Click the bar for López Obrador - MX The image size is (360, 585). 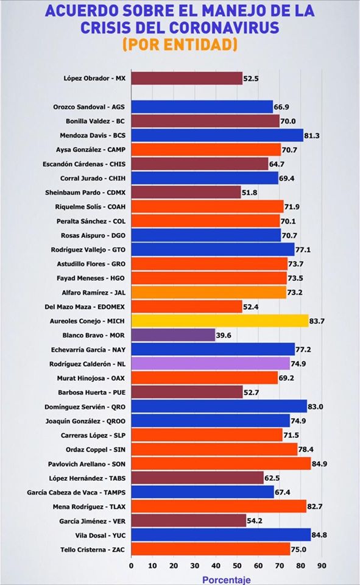pos(187,79)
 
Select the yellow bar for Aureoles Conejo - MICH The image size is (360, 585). pos(220,321)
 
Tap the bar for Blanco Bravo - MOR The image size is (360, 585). pos(174,335)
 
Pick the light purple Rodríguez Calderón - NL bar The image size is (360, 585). pos(211,364)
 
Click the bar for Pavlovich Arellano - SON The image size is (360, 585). pos(221,464)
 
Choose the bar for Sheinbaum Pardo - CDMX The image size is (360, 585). pos(186,193)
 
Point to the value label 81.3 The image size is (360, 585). pos(312,135)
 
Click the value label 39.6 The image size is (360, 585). pos(224,335)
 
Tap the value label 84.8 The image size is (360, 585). pos(319,536)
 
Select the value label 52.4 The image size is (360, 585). pos(251,307)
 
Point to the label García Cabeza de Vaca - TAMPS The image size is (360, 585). pos(76,492)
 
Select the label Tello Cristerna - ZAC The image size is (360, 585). pos(93,550)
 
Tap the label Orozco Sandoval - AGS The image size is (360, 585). pos(89,107)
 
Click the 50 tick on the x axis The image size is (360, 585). pos(237,565)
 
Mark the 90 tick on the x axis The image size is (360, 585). pos(322,565)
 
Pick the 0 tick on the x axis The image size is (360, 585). pos(132,565)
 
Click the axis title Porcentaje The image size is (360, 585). pos(227,580)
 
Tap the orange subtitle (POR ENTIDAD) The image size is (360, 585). pos(180,44)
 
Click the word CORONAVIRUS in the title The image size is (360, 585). pos(224,27)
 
